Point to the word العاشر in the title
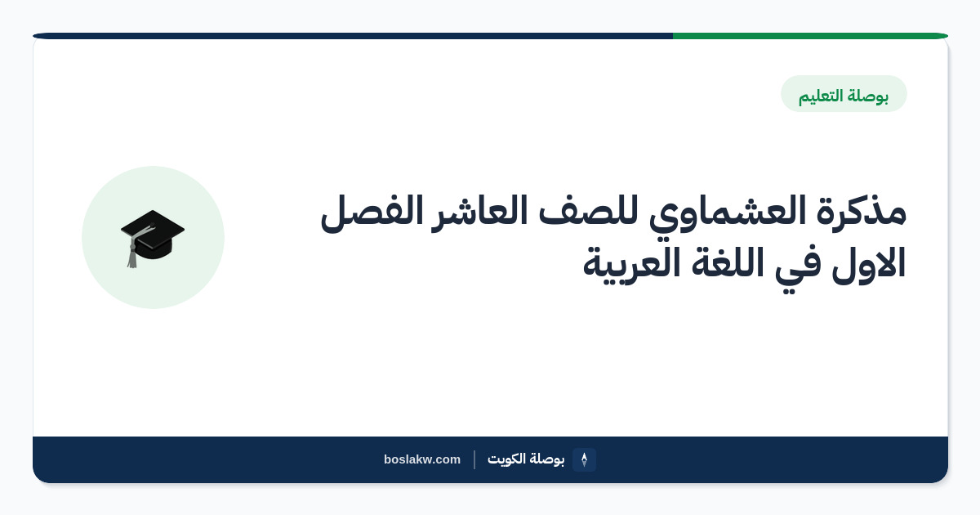(479, 213)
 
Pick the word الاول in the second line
(868, 263)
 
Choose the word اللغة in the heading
(727, 262)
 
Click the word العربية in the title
(632, 265)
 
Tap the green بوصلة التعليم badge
(844, 94)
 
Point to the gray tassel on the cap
(132, 255)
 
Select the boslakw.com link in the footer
(422, 459)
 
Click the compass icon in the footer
(584, 459)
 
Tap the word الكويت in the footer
(506, 459)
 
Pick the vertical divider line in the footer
(474, 459)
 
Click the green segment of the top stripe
(810, 36)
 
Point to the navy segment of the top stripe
(353, 36)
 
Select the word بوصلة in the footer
(546, 459)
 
